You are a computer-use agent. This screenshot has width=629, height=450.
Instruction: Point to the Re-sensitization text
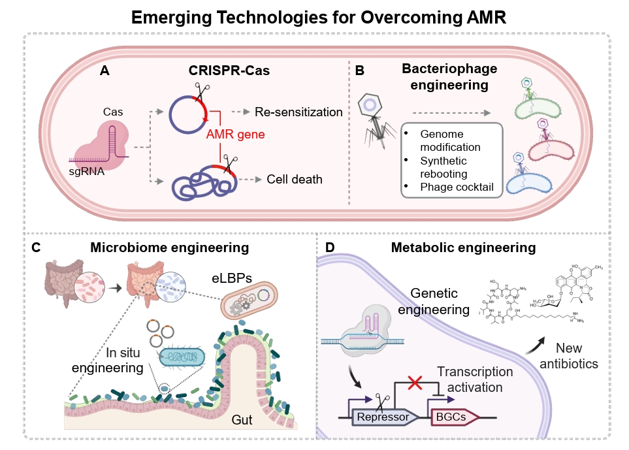pyautogui.click(x=298, y=112)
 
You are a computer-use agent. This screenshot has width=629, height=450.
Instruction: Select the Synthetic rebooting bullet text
pyautogui.click(x=445, y=168)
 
